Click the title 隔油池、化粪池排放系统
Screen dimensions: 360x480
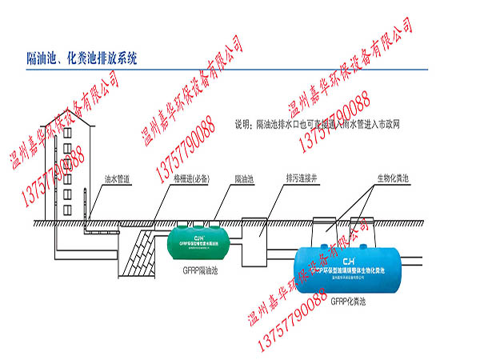pyautogui.click(x=82, y=58)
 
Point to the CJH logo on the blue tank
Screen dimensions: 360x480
pyautogui.click(x=348, y=261)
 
